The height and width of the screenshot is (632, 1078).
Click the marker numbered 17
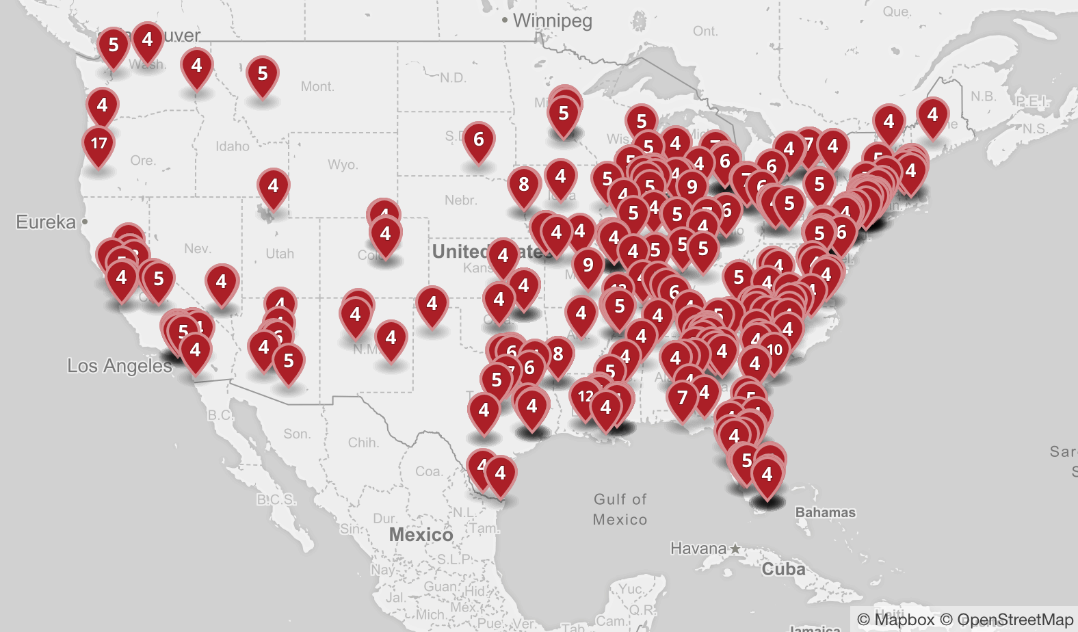tap(98, 144)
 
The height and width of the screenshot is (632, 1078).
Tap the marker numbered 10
tap(774, 350)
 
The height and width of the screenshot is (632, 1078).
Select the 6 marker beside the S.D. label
tap(479, 140)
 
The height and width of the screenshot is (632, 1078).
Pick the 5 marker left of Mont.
tap(263, 74)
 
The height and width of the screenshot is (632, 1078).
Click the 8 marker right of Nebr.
tap(524, 185)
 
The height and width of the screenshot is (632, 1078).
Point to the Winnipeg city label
tap(552, 21)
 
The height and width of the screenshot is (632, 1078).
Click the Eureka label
tap(46, 222)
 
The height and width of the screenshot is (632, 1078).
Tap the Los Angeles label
tap(119, 366)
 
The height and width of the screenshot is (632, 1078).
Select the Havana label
tap(698, 549)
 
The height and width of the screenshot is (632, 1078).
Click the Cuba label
tap(783, 569)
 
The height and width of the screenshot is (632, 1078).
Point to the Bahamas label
tap(825, 512)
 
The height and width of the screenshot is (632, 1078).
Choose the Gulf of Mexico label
tap(620, 510)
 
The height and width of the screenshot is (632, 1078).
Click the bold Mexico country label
tap(421, 535)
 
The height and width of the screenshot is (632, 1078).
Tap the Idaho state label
tap(233, 146)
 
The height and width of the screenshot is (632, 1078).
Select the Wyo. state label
tap(343, 165)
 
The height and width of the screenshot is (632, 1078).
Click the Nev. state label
tap(198, 249)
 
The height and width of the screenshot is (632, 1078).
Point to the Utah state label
tap(280, 254)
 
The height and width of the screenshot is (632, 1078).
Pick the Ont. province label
tap(705, 31)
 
